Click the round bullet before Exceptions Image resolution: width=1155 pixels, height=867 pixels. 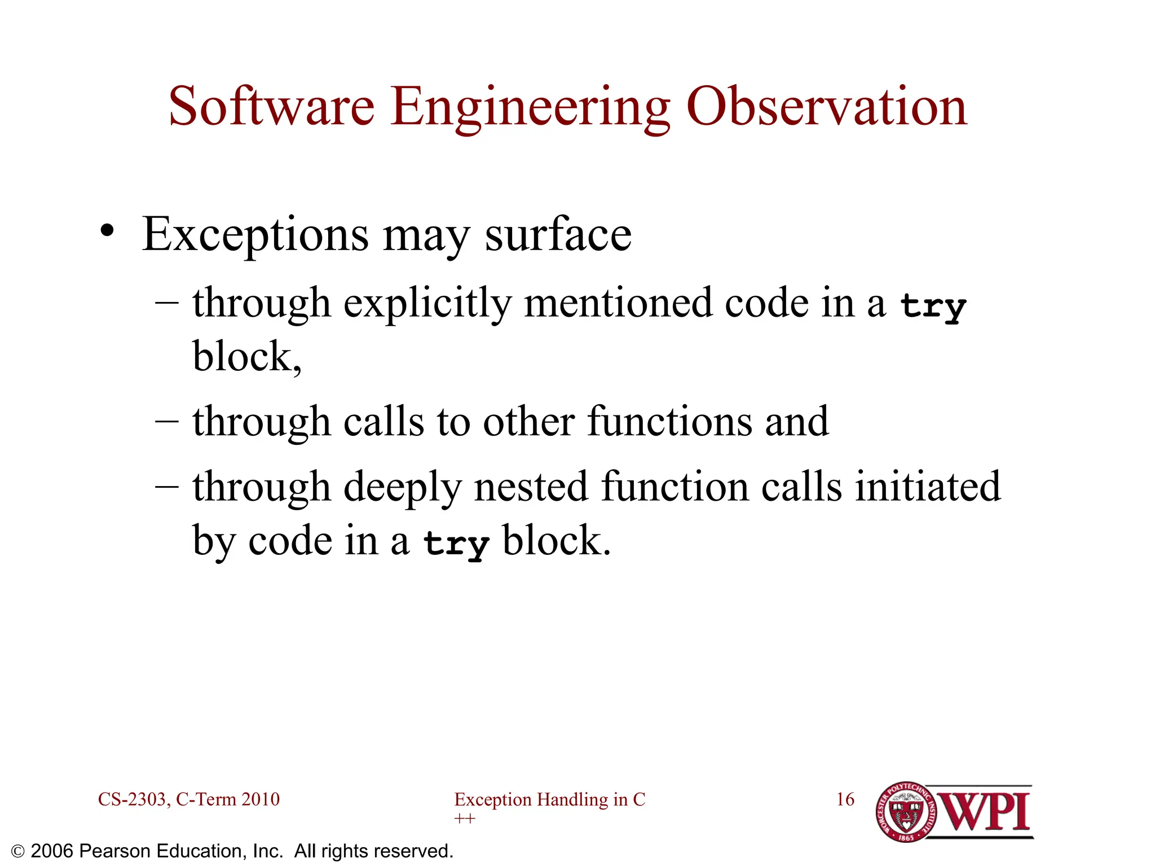[x=107, y=231]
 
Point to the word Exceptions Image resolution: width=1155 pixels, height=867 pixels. [x=255, y=235]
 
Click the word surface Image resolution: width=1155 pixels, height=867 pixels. [x=558, y=234]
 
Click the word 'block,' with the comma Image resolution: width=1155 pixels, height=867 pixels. [x=247, y=357]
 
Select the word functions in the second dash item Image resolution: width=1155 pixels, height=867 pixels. [x=669, y=422]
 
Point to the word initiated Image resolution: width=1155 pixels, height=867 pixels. [x=928, y=487]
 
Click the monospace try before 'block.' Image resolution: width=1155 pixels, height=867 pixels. [x=456, y=543]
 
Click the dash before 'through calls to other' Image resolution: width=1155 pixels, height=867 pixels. [x=167, y=422]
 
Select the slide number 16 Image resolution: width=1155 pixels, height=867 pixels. [x=845, y=799]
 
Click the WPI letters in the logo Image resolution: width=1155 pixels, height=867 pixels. [x=985, y=812]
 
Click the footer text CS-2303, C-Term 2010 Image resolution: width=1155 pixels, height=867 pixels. [x=188, y=799]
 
